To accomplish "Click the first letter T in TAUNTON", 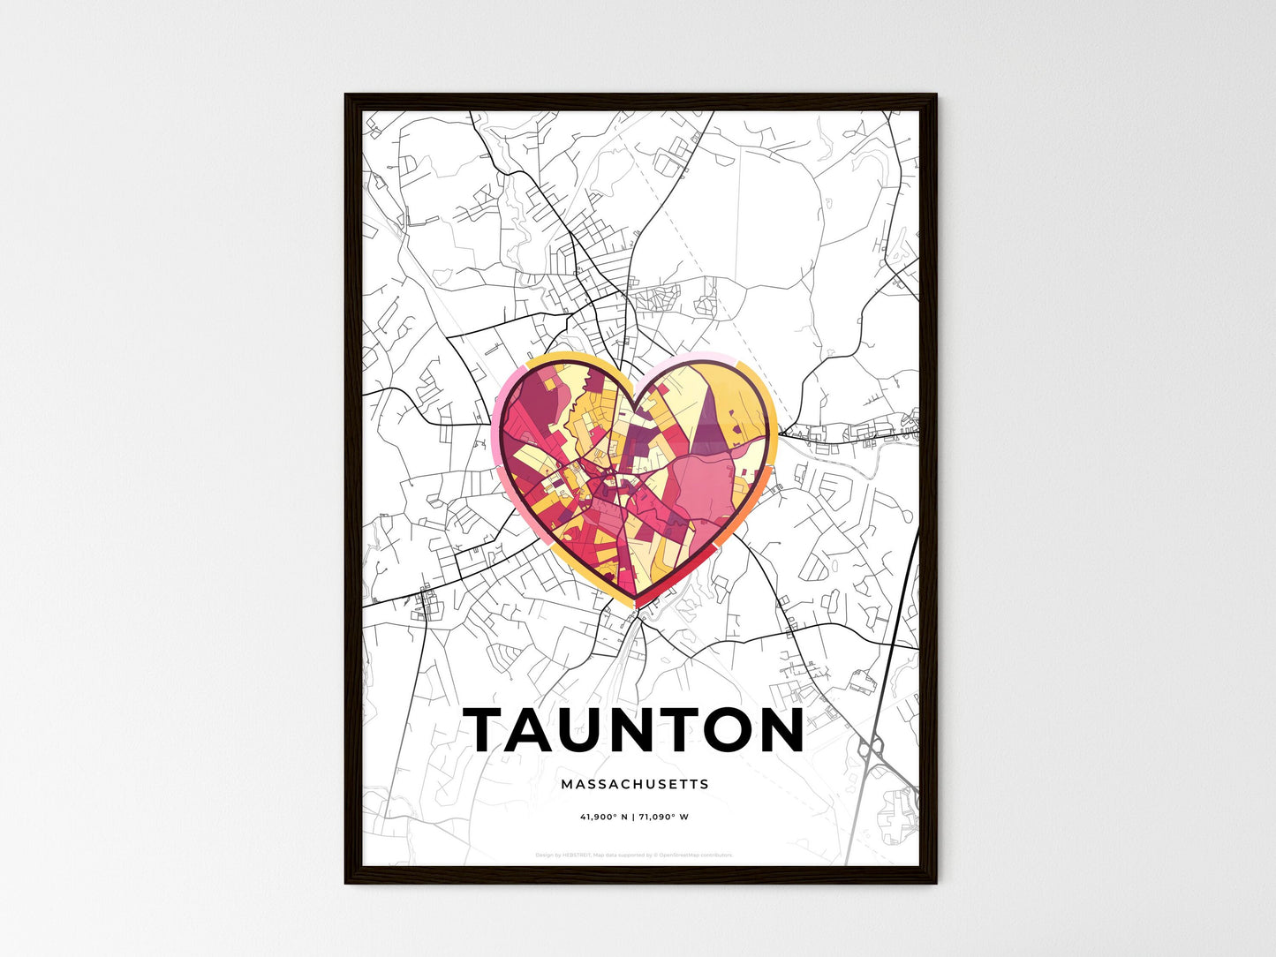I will [487, 730].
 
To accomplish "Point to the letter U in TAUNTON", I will [594, 730].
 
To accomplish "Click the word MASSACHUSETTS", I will [634, 784].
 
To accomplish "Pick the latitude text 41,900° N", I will [604, 817].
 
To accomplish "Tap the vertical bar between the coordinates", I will [634, 817].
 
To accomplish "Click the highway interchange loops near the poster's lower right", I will [870, 750].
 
